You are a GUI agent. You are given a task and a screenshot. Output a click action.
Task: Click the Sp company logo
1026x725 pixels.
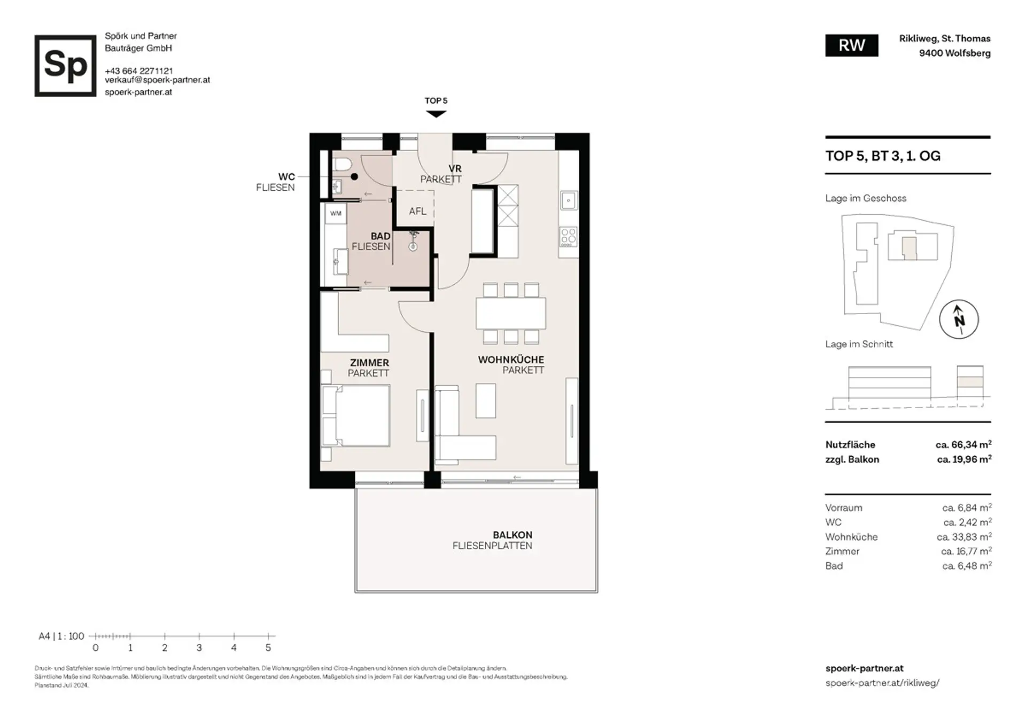tap(66, 66)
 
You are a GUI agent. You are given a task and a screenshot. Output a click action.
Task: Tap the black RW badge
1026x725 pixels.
tap(852, 45)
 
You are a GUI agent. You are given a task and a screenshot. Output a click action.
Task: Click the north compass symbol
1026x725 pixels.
tap(959, 319)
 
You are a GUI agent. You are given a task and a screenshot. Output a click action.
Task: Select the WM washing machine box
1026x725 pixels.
tap(336, 213)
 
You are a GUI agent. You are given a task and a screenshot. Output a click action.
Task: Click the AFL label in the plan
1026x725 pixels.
tap(417, 211)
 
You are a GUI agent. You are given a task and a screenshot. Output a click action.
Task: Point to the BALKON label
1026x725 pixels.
tap(512, 535)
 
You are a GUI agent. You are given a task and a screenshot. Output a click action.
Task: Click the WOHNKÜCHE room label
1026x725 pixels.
tap(511, 360)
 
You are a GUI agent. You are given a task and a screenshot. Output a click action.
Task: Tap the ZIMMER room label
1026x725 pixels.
tap(369, 363)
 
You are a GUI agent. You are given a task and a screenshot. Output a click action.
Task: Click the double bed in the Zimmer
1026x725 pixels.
tap(355, 416)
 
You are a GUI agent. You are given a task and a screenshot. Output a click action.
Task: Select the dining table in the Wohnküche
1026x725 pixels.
tap(511, 313)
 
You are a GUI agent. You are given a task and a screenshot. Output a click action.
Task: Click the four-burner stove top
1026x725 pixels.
tap(569, 237)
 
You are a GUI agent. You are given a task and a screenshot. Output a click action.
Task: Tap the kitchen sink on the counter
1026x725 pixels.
tap(569, 201)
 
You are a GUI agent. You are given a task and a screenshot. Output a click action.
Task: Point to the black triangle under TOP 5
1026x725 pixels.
tap(436, 114)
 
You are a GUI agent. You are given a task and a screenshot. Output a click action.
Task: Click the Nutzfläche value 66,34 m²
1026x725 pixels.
tap(963, 445)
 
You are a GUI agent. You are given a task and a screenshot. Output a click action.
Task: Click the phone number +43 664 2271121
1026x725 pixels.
tap(139, 71)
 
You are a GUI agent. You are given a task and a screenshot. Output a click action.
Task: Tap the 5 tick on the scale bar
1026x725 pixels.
tap(268, 636)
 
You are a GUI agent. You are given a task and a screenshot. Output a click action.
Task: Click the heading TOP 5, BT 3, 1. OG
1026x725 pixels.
tap(883, 156)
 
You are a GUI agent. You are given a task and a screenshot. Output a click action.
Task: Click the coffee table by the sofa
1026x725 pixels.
tap(486, 401)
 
